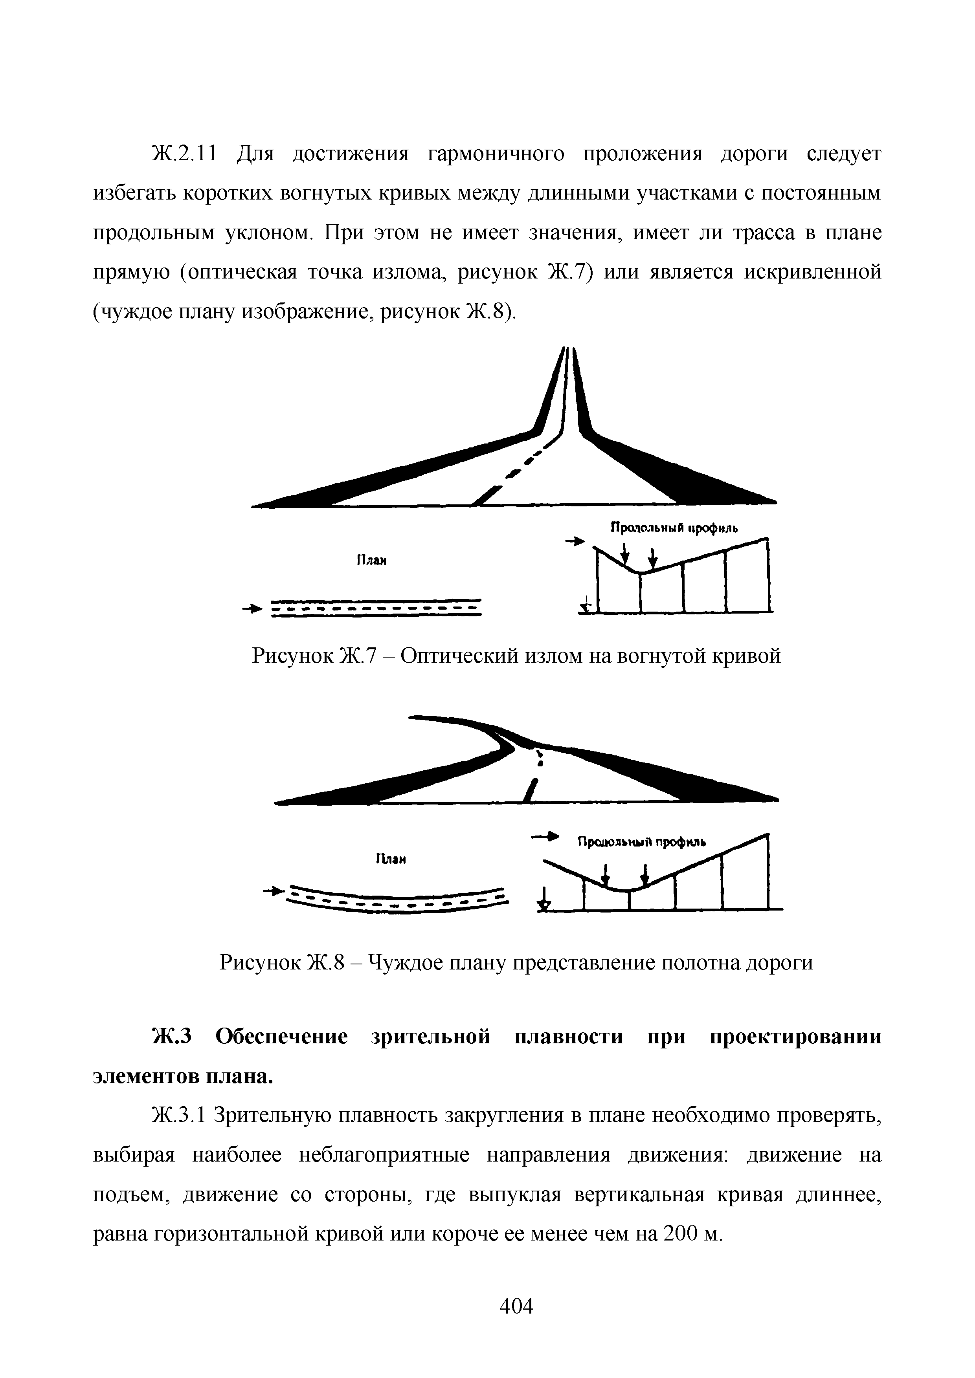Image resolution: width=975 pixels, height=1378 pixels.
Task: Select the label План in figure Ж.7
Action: [x=371, y=561]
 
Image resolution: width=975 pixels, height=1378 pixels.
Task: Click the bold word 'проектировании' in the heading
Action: [x=796, y=1037]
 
